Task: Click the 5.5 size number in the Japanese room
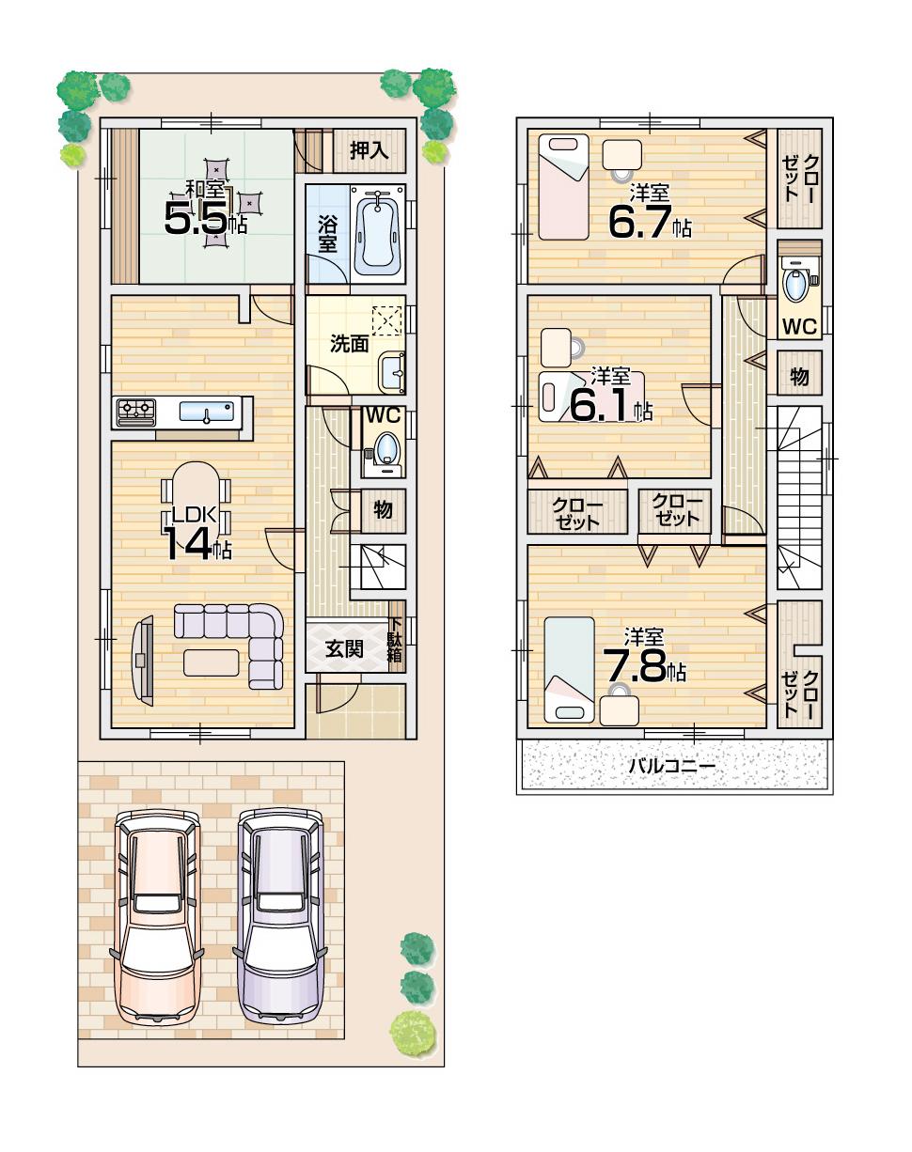point(196,219)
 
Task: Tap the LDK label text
point(195,514)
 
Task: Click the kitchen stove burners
point(136,410)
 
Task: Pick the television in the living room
point(143,659)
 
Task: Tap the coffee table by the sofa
point(211,662)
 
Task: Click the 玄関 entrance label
point(345,648)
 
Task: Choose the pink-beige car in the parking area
point(157,916)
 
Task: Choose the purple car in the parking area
point(279,916)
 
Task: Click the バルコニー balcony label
point(671,767)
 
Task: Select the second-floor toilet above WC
point(797,283)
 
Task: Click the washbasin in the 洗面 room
point(393,373)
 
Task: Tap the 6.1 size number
point(598,406)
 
